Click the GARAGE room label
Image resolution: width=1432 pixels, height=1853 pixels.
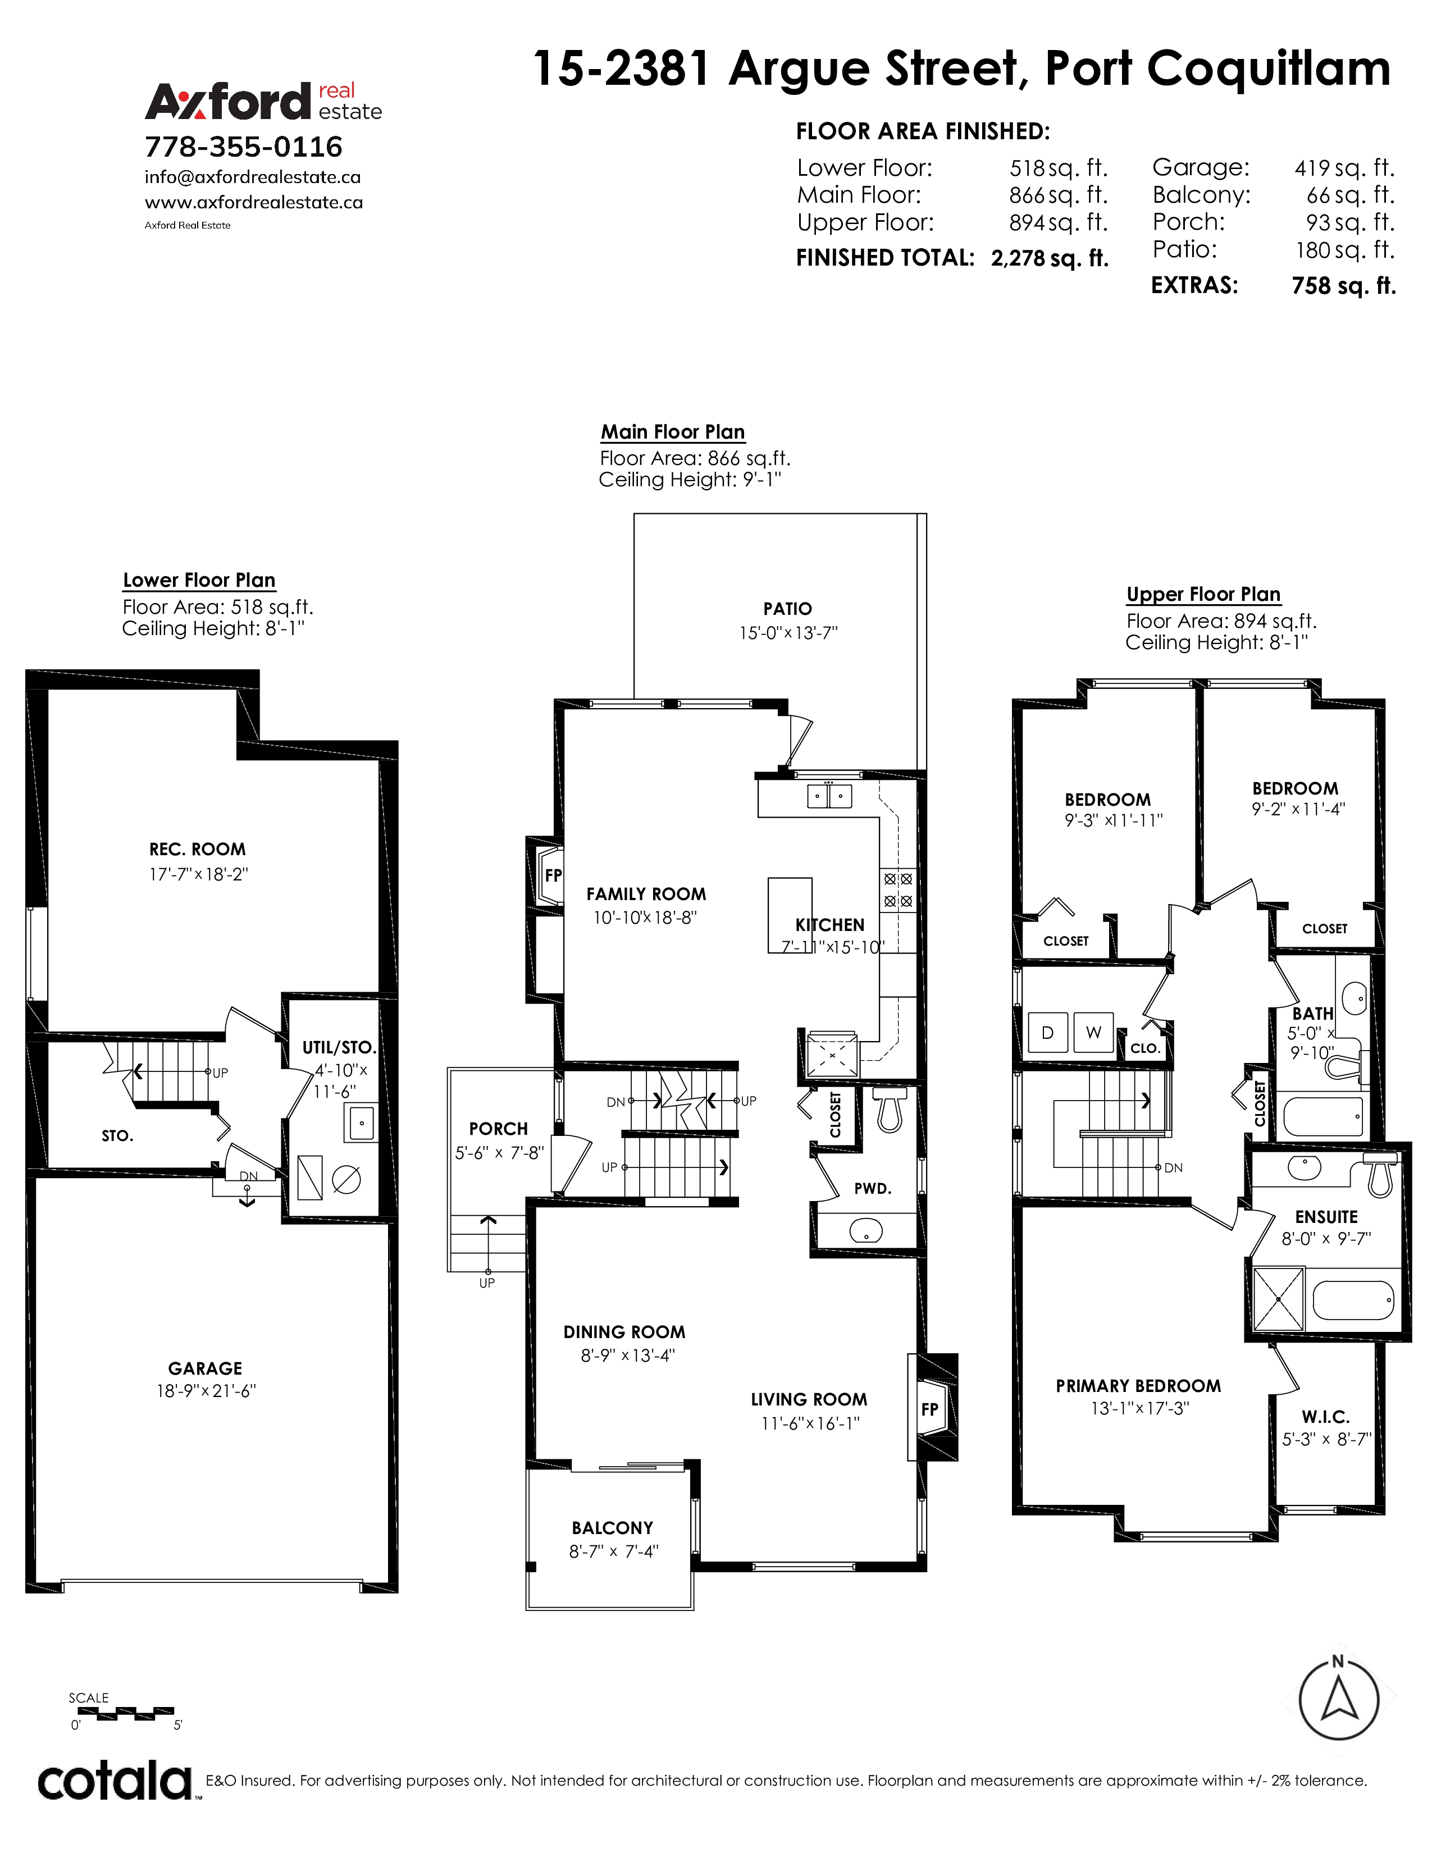pos(206,1368)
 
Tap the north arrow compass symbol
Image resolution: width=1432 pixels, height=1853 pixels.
pos(1339,1700)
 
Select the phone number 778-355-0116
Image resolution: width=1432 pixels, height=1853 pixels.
pos(244,147)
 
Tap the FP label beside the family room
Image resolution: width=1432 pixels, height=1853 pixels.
pos(553,875)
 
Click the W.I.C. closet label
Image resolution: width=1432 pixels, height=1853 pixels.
pos(1326,1417)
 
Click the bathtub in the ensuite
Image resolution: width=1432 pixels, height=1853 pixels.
pos(1353,1300)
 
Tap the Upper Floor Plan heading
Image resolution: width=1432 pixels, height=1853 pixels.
pos(1203,594)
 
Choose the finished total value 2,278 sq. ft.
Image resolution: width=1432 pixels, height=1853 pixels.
pos(1050,258)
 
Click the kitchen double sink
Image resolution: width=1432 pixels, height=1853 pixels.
pos(829,796)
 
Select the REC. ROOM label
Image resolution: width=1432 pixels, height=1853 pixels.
pos(198,849)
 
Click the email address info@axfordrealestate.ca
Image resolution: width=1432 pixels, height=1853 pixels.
pos(253,177)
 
